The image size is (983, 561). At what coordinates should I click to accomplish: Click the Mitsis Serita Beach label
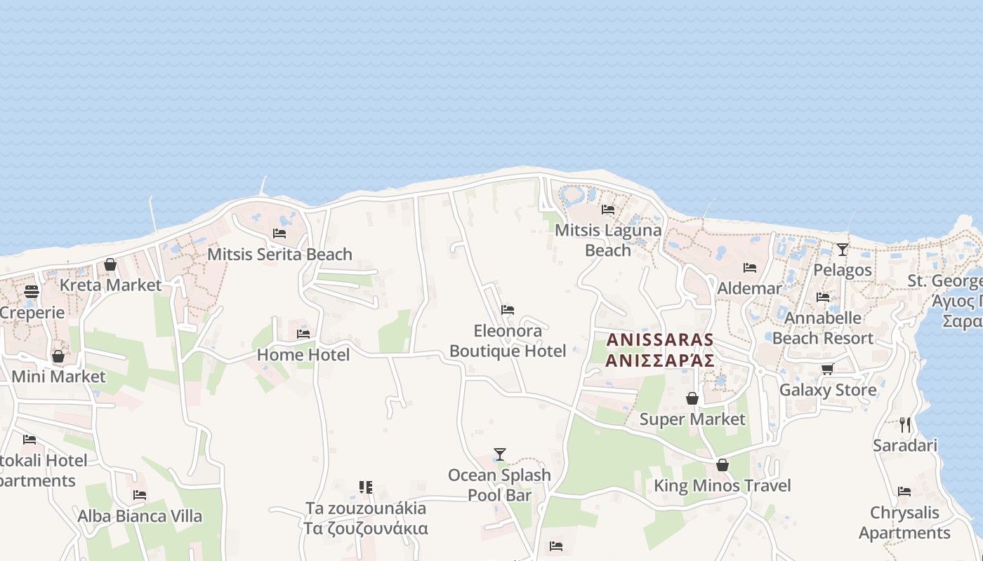pyautogui.click(x=279, y=254)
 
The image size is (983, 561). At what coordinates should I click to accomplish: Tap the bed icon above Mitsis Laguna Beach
pyautogui.click(x=608, y=209)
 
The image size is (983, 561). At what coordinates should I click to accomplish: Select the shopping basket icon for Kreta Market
pyautogui.click(x=110, y=264)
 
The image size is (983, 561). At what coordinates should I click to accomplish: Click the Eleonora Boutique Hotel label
pyautogui.click(x=508, y=341)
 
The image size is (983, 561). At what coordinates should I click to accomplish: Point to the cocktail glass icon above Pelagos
pyautogui.click(x=843, y=249)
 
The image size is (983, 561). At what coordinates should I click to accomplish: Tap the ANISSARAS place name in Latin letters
pyautogui.click(x=660, y=340)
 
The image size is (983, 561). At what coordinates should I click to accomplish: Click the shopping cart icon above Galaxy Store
pyautogui.click(x=828, y=369)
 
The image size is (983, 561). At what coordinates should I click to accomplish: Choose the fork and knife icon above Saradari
pyautogui.click(x=905, y=424)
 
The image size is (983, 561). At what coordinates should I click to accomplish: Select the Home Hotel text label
pyautogui.click(x=303, y=355)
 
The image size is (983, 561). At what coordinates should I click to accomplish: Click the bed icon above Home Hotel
pyautogui.click(x=303, y=334)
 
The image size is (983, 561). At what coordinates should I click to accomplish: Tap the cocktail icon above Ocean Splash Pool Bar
pyautogui.click(x=500, y=454)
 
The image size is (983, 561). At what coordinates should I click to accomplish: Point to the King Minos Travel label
pyautogui.click(x=722, y=485)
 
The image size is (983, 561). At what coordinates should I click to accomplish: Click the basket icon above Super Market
pyautogui.click(x=692, y=398)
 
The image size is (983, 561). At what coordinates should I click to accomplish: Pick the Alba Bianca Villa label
pyautogui.click(x=140, y=516)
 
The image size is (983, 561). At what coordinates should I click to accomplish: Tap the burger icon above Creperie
pyautogui.click(x=32, y=292)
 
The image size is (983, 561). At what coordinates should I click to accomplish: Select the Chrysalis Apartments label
pyautogui.click(x=904, y=522)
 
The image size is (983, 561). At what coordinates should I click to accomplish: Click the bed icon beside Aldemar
pyautogui.click(x=750, y=267)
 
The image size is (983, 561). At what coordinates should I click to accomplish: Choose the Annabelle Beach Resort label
pyautogui.click(x=823, y=327)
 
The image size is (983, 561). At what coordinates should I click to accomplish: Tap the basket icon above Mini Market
pyautogui.click(x=58, y=356)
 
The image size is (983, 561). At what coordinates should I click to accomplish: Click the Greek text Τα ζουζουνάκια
pyautogui.click(x=366, y=528)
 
